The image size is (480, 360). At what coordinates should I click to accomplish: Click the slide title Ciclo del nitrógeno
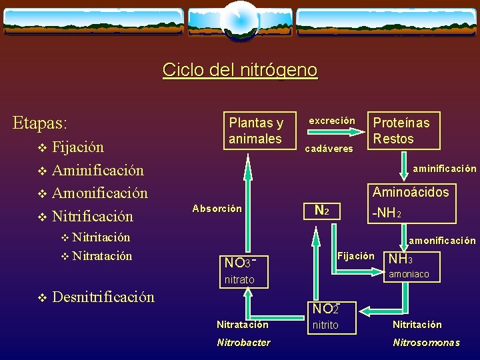[x=240, y=70]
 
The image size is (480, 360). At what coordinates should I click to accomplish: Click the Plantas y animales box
[x=256, y=131]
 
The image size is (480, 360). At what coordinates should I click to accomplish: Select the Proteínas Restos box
[x=401, y=131]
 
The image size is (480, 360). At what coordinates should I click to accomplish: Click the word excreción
[x=331, y=121]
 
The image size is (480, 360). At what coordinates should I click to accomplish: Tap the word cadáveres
[x=329, y=149]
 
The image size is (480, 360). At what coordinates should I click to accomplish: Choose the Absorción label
[x=217, y=209]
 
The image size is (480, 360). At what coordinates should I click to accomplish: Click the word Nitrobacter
[x=243, y=343]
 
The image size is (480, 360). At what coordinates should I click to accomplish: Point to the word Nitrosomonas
[x=426, y=343]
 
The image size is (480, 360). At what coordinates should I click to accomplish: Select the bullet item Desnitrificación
[x=103, y=297]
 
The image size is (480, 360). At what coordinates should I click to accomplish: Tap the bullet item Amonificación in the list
[x=99, y=193]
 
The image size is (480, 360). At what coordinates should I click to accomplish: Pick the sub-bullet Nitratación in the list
[x=102, y=256]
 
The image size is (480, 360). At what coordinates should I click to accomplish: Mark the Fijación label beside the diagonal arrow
[x=356, y=256]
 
